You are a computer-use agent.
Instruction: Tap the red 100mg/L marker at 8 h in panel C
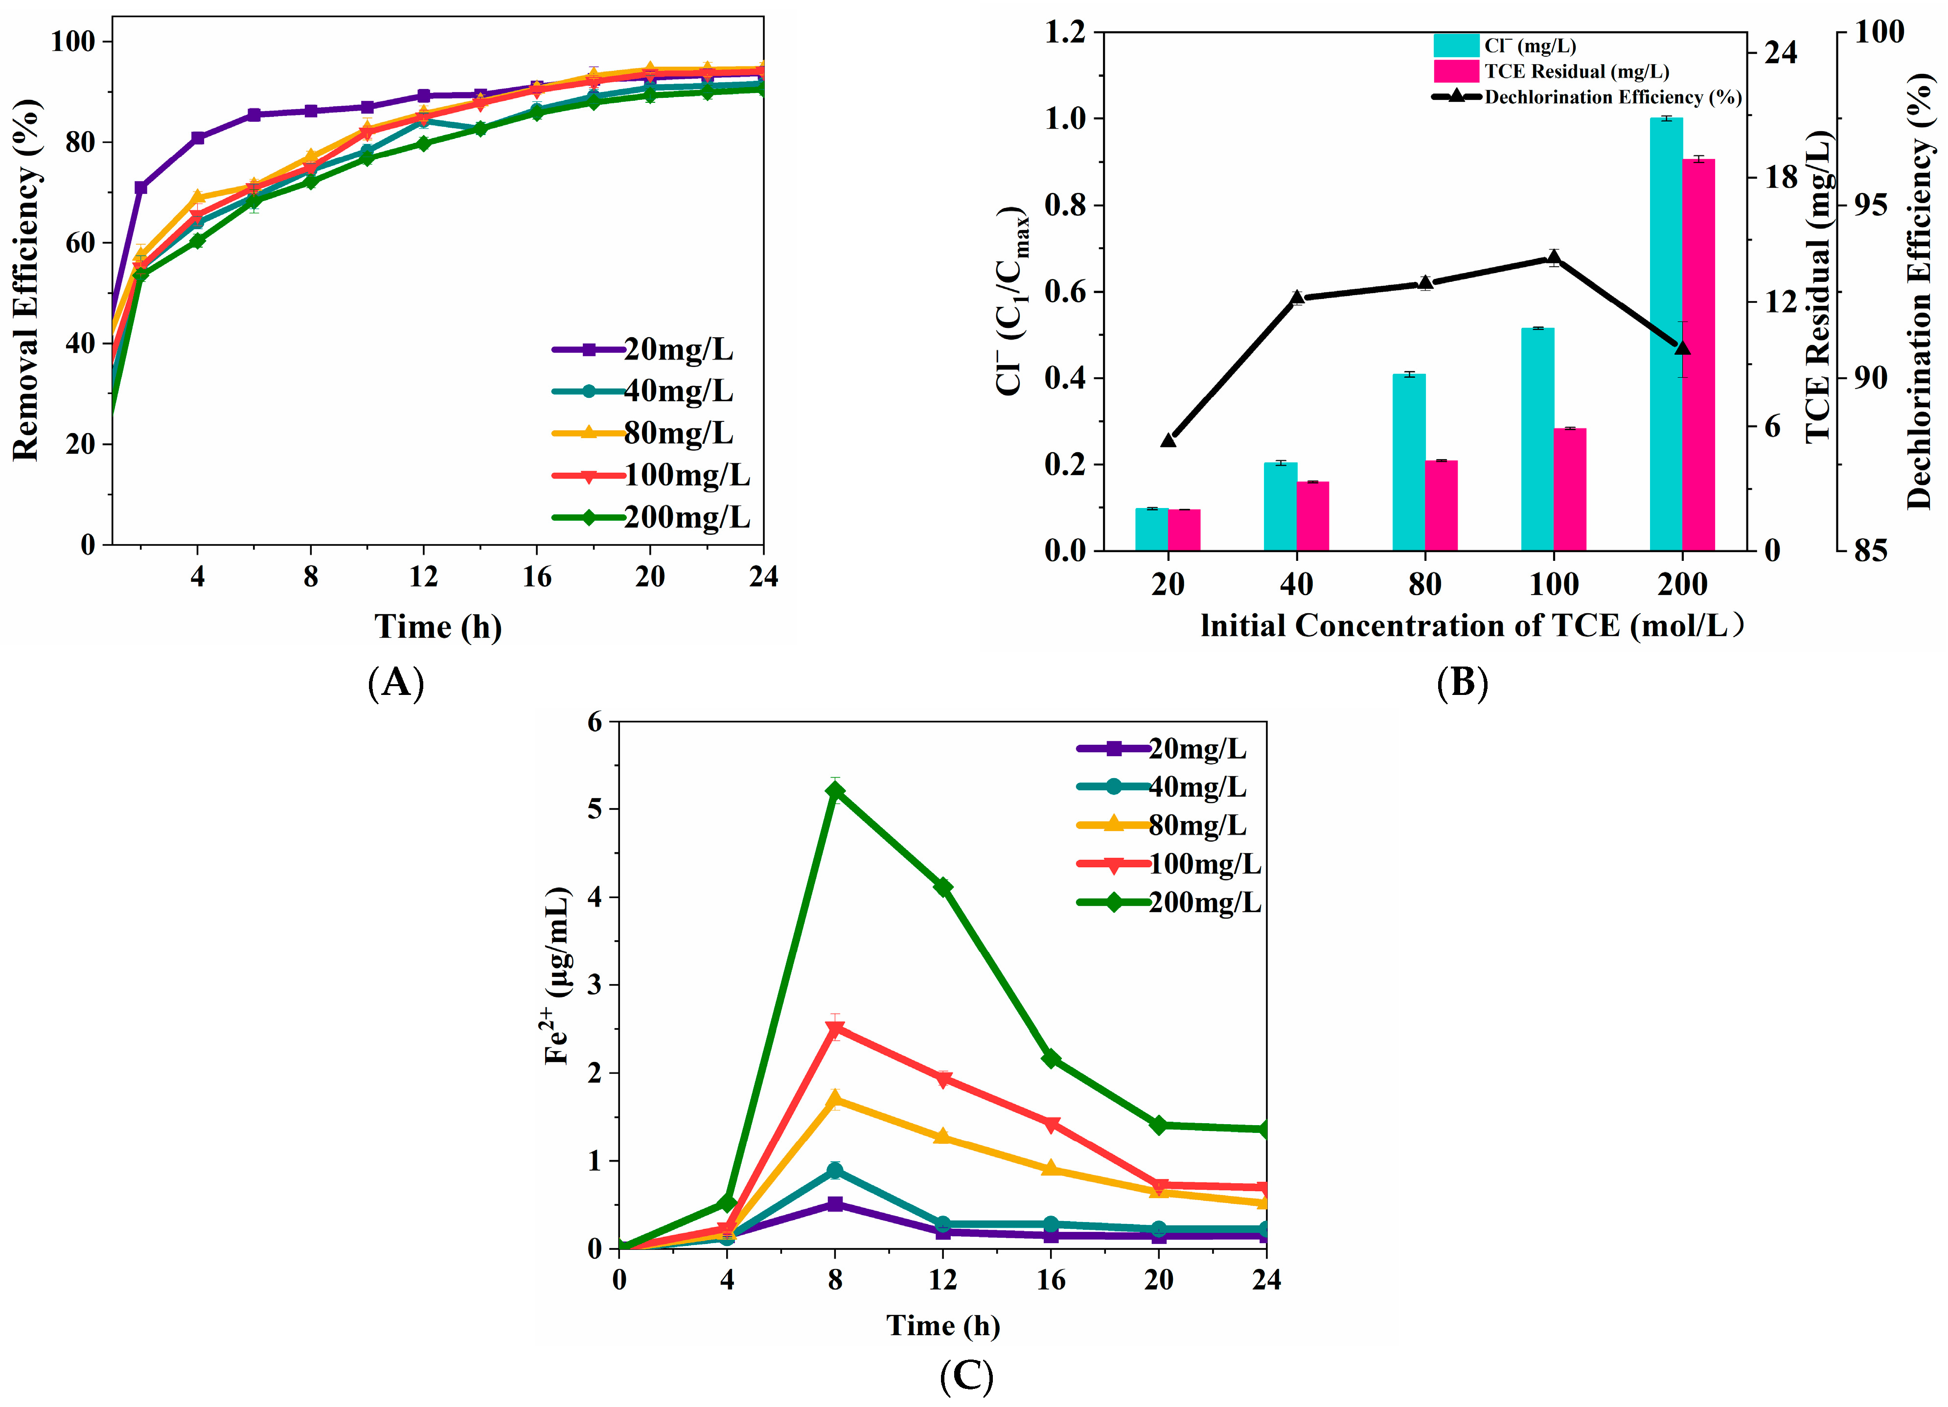[834, 1029]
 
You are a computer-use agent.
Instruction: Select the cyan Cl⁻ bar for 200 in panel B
[1666, 335]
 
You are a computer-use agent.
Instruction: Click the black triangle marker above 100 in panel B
[1553, 258]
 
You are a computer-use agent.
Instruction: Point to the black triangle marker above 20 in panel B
[1168, 440]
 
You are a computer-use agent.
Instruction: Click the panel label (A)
[396, 684]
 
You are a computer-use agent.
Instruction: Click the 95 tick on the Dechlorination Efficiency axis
[1870, 205]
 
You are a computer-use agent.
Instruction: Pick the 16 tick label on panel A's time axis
[537, 577]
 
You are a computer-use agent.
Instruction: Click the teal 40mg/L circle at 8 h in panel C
[834, 1171]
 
